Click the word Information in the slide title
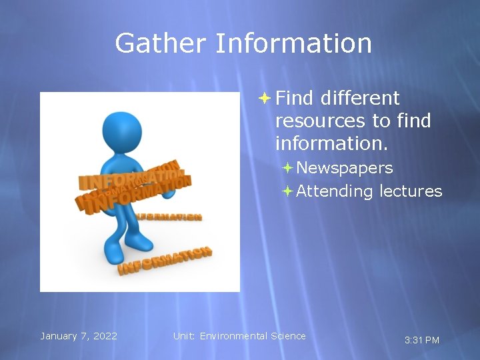point(293,44)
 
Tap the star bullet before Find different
point(264,98)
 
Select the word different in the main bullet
point(359,98)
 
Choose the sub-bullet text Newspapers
point(344,168)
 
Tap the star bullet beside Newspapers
point(287,167)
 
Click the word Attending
point(335,191)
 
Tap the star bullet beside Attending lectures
point(287,191)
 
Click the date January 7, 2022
point(79,336)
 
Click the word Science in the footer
point(288,336)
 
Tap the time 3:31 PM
point(422,341)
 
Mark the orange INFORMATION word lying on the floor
point(165,261)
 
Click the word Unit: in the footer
point(184,336)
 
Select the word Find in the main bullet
point(294,98)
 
